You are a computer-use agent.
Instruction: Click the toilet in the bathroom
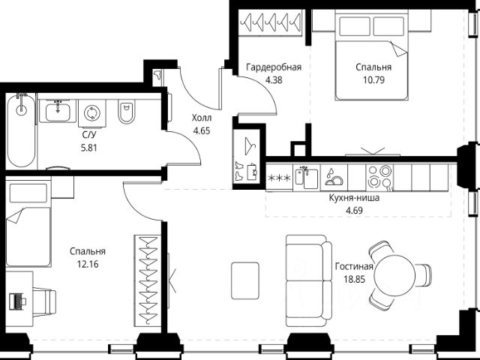coord(126,112)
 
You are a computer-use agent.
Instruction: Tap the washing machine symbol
coord(91,113)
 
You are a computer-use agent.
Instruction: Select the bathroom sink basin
coord(58,112)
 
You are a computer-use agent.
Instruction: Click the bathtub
coord(22,130)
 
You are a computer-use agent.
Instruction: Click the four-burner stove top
coord(379,177)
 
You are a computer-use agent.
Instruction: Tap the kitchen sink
coord(307,177)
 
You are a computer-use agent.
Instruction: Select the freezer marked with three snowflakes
coord(279,178)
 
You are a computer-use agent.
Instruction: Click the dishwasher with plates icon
coord(334,178)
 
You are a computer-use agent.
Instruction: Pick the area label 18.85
coord(355,280)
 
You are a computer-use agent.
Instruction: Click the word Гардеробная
coord(274,67)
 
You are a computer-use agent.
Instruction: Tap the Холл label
coord(202,118)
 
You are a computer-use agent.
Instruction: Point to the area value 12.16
coord(88,264)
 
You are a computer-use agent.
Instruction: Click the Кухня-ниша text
coord(354,198)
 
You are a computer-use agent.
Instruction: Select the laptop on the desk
coord(17,301)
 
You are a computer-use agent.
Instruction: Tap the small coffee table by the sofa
coord(245,280)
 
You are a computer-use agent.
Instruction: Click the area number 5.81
coord(88,148)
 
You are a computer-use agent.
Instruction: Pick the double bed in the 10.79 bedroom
coord(372,55)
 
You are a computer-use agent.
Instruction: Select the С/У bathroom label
coord(89,135)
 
